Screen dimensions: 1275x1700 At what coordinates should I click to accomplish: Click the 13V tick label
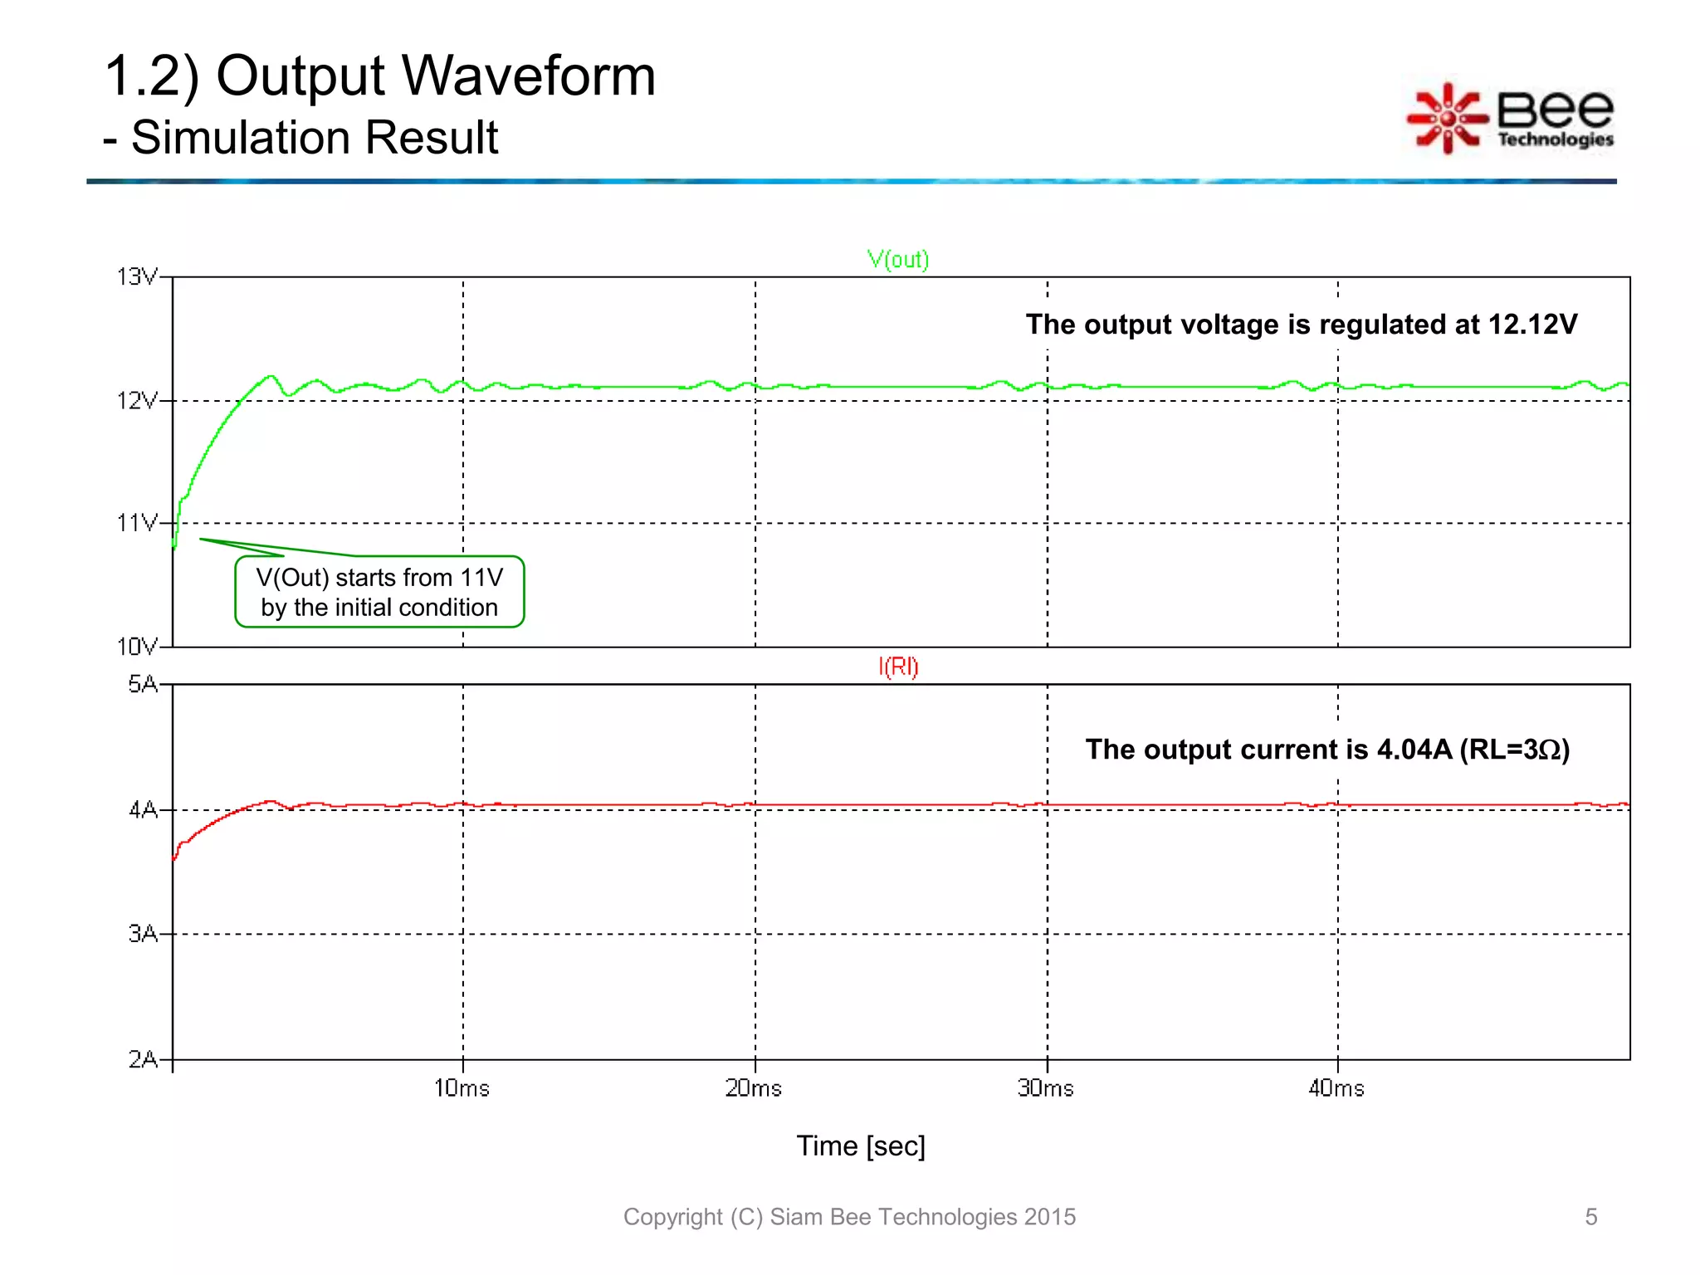136,276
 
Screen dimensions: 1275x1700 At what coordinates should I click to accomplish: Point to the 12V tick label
136,401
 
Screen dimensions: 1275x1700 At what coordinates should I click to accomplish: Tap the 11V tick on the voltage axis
137,523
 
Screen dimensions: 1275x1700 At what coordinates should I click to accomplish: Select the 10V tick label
136,646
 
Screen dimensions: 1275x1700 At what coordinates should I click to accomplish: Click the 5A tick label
142,684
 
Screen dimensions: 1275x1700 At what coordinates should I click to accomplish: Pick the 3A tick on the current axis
142,934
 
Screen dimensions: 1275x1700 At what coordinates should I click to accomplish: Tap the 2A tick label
142,1059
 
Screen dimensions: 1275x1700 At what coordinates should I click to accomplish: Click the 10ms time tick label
462,1088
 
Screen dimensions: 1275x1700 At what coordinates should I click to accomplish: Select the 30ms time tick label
1046,1088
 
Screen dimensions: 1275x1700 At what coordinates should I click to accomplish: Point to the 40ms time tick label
1336,1088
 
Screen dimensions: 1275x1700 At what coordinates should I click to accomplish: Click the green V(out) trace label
898,260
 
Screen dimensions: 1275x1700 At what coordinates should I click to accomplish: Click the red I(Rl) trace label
898,667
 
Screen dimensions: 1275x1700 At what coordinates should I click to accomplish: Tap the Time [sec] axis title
861,1146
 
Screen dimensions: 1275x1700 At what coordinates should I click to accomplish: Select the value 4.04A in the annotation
1414,750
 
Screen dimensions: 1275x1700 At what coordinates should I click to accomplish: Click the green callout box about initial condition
379,592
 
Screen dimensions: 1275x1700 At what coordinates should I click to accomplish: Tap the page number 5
1590,1217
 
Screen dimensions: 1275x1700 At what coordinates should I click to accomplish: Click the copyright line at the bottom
849,1217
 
